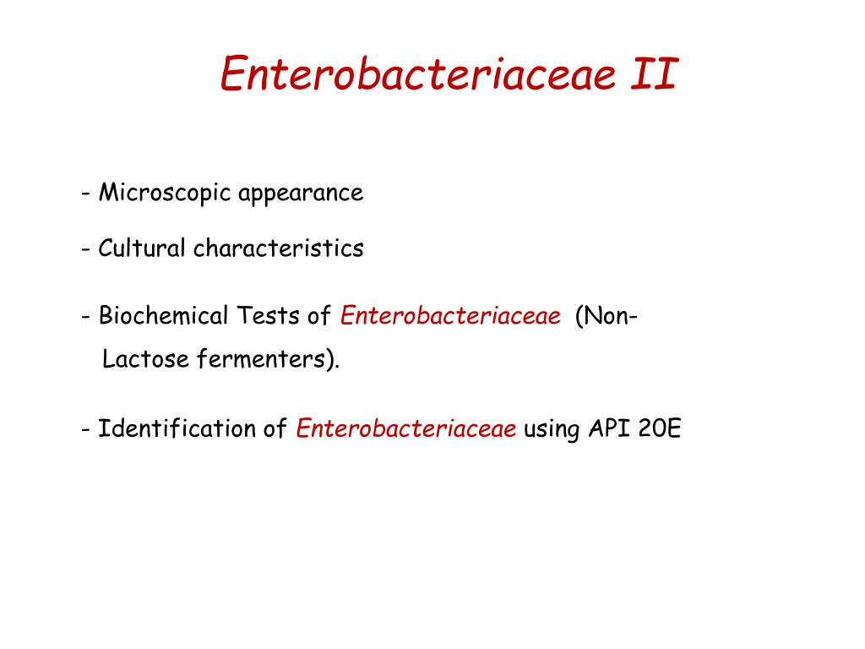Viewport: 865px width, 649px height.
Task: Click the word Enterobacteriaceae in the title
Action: (416, 74)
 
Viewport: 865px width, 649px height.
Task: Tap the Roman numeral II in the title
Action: (654, 74)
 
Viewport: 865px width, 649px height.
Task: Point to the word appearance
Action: (301, 194)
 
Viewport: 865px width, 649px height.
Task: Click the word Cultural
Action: (140, 248)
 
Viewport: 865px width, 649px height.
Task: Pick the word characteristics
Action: (279, 248)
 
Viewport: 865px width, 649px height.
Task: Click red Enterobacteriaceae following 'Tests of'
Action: (450, 317)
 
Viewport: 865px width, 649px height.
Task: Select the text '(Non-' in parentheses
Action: (607, 317)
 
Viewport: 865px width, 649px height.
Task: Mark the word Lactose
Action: (146, 360)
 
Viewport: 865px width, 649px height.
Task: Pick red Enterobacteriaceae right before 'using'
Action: (406, 428)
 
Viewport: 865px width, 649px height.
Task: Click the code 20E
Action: (661, 428)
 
